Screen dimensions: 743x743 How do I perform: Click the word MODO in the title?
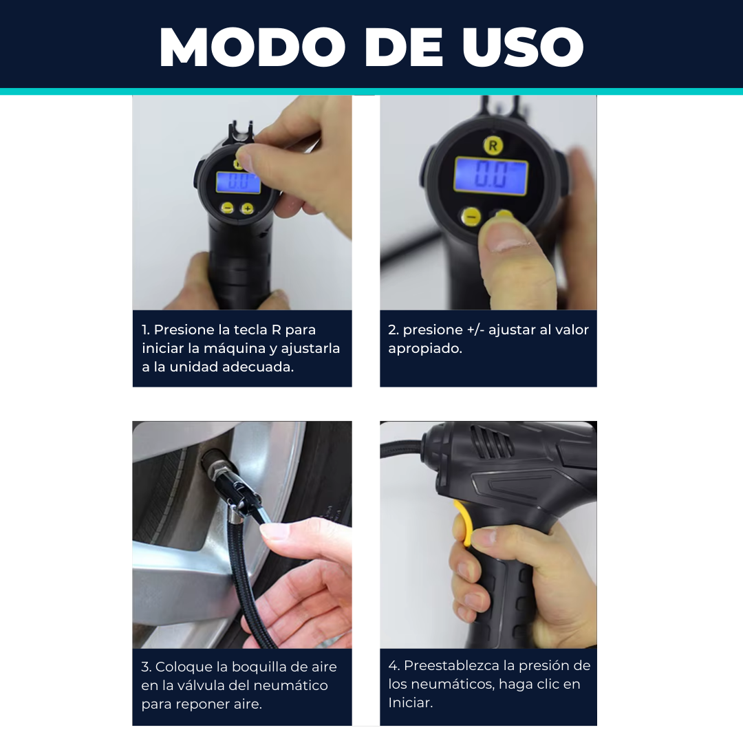(252, 47)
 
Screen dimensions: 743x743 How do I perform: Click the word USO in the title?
(523, 47)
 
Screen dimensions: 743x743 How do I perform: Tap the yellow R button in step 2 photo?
(493, 145)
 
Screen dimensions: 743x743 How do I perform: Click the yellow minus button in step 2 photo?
(471, 217)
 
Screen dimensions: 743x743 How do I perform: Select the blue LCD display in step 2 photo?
(491, 175)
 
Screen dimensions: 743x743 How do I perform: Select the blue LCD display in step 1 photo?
(238, 182)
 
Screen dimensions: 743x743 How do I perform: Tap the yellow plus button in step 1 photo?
(247, 208)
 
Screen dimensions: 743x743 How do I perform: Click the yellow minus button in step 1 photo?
(228, 208)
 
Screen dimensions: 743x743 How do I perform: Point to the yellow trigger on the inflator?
(462, 522)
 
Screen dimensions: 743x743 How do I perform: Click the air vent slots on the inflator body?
(491, 442)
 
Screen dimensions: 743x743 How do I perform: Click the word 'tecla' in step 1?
(249, 330)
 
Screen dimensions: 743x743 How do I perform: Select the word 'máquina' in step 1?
(235, 349)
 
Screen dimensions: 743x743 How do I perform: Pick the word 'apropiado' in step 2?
(424, 349)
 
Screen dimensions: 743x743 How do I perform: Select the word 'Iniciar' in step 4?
(411, 702)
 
